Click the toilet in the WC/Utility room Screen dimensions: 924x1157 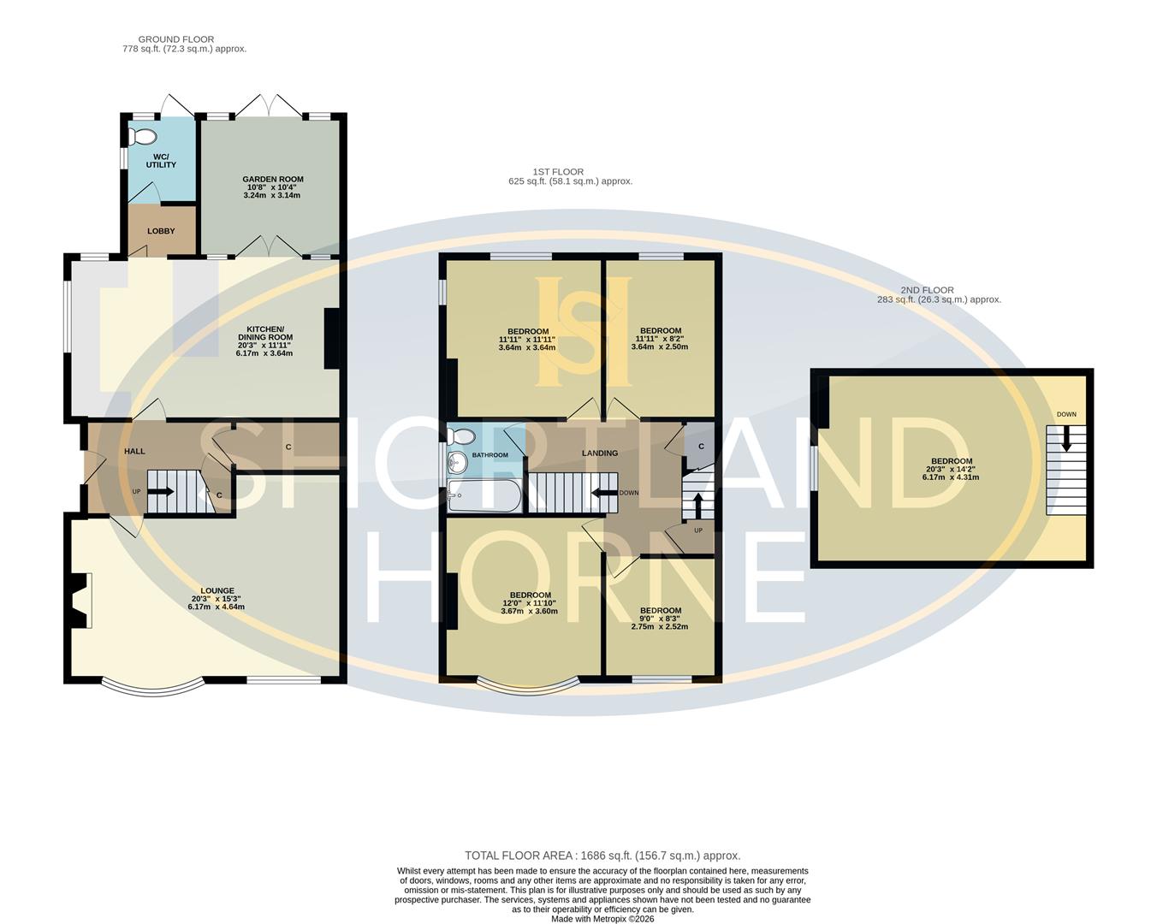(x=142, y=136)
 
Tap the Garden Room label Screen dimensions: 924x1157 (x=272, y=180)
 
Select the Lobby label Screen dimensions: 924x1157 (x=161, y=231)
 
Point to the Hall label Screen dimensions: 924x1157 (x=134, y=451)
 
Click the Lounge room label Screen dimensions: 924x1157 (x=217, y=590)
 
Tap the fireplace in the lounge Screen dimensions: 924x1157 (x=80, y=601)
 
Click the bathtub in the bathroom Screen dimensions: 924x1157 (x=484, y=496)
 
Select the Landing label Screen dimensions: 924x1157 (x=599, y=453)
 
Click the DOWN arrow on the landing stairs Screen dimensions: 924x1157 (x=604, y=493)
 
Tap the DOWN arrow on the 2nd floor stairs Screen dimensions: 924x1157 (x=1065, y=442)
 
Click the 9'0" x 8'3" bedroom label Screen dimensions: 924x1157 (x=660, y=611)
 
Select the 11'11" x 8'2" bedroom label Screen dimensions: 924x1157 (x=660, y=331)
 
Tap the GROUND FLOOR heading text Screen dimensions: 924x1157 (x=176, y=39)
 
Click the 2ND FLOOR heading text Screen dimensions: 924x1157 (x=927, y=290)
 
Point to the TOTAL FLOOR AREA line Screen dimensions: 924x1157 (x=602, y=856)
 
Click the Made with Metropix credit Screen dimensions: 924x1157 (x=602, y=919)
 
